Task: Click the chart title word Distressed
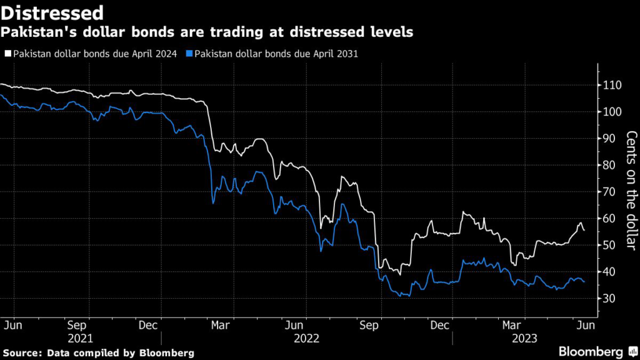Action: tap(52, 12)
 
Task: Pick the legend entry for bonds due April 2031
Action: tap(276, 54)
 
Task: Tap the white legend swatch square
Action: tap(8, 54)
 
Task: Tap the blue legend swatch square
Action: tap(189, 54)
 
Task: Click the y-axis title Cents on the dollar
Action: tap(631, 191)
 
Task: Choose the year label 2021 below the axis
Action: tap(80, 338)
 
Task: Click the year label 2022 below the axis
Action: tap(306, 338)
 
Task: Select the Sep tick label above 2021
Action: tap(77, 325)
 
